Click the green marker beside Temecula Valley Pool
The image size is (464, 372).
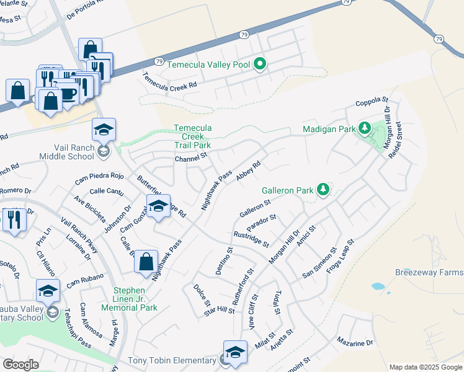tap(260, 64)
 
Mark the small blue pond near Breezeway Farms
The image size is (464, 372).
tap(377, 287)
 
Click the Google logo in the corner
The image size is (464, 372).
tap(20, 365)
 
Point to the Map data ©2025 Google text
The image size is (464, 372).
tap(425, 367)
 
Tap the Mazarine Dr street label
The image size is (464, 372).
tap(355, 342)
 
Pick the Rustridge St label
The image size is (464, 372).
tap(251, 239)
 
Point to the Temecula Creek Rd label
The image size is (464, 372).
tap(169, 81)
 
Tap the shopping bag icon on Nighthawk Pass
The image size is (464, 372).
tap(146, 261)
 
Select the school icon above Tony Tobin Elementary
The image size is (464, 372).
tap(235, 352)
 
